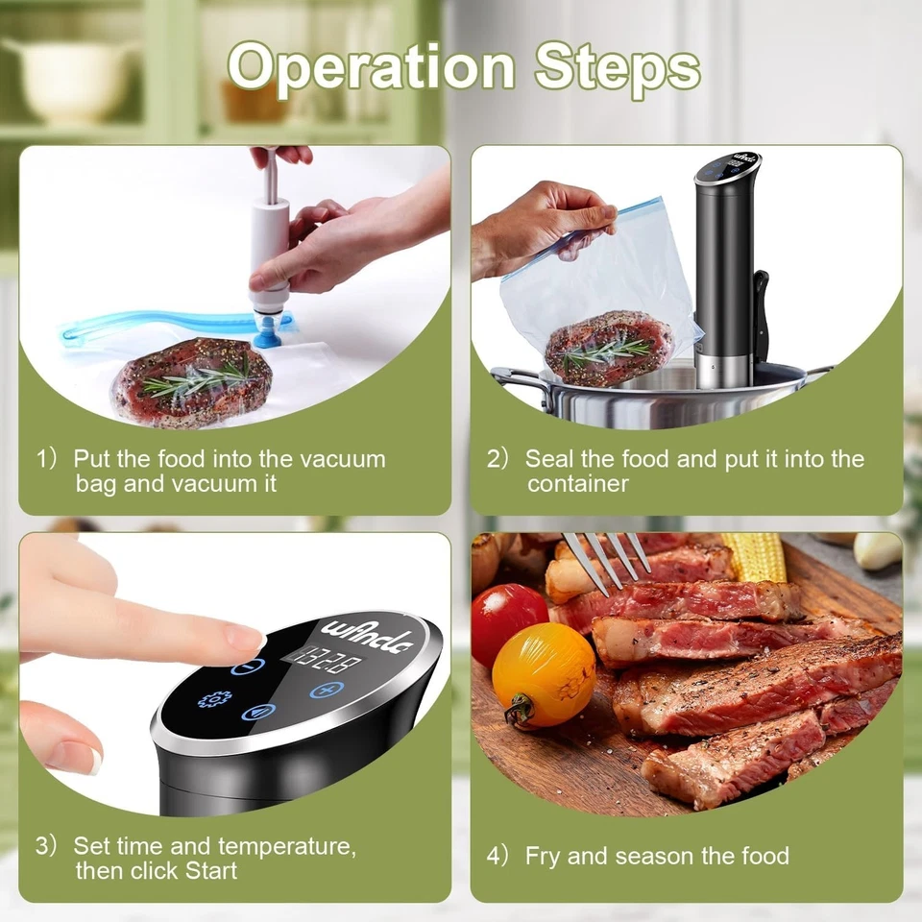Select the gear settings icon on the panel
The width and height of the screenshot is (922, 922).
tap(214, 698)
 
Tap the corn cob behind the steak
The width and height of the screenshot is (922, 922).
tap(754, 556)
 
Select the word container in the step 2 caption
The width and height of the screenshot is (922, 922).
tap(577, 483)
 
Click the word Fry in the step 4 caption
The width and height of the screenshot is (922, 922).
tap(544, 856)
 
